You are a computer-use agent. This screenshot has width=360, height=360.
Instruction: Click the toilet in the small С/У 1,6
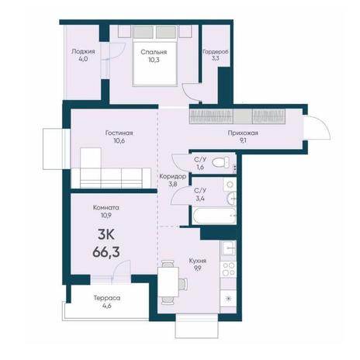(220, 162)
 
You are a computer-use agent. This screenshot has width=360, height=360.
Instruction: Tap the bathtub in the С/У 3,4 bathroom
(213, 215)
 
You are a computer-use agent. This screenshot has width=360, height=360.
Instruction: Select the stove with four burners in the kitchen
(228, 269)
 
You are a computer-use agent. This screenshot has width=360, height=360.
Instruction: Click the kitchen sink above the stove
(228, 248)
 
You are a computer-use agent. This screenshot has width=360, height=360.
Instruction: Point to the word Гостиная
(119, 133)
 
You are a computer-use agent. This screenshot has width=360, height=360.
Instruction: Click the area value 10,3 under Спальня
(154, 60)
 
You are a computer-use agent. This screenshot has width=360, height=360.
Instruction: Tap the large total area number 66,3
(106, 251)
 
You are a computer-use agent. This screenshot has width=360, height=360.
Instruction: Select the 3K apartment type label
(106, 235)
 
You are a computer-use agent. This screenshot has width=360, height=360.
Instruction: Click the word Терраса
(107, 298)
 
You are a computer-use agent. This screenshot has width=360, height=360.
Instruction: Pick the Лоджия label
(83, 51)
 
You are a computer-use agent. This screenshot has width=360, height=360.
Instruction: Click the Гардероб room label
(216, 52)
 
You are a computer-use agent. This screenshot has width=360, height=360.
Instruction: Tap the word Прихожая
(243, 133)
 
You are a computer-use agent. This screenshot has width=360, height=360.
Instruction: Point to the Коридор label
(172, 177)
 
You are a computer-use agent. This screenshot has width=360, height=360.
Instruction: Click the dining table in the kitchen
(168, 282)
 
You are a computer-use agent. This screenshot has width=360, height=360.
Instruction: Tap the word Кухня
(198, 261)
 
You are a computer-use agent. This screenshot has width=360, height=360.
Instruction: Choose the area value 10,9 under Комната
(106, 216)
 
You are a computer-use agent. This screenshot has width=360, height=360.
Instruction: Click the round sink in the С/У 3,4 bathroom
(231, 199)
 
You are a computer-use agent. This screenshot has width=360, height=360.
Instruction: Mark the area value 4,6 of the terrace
(107, 306)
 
